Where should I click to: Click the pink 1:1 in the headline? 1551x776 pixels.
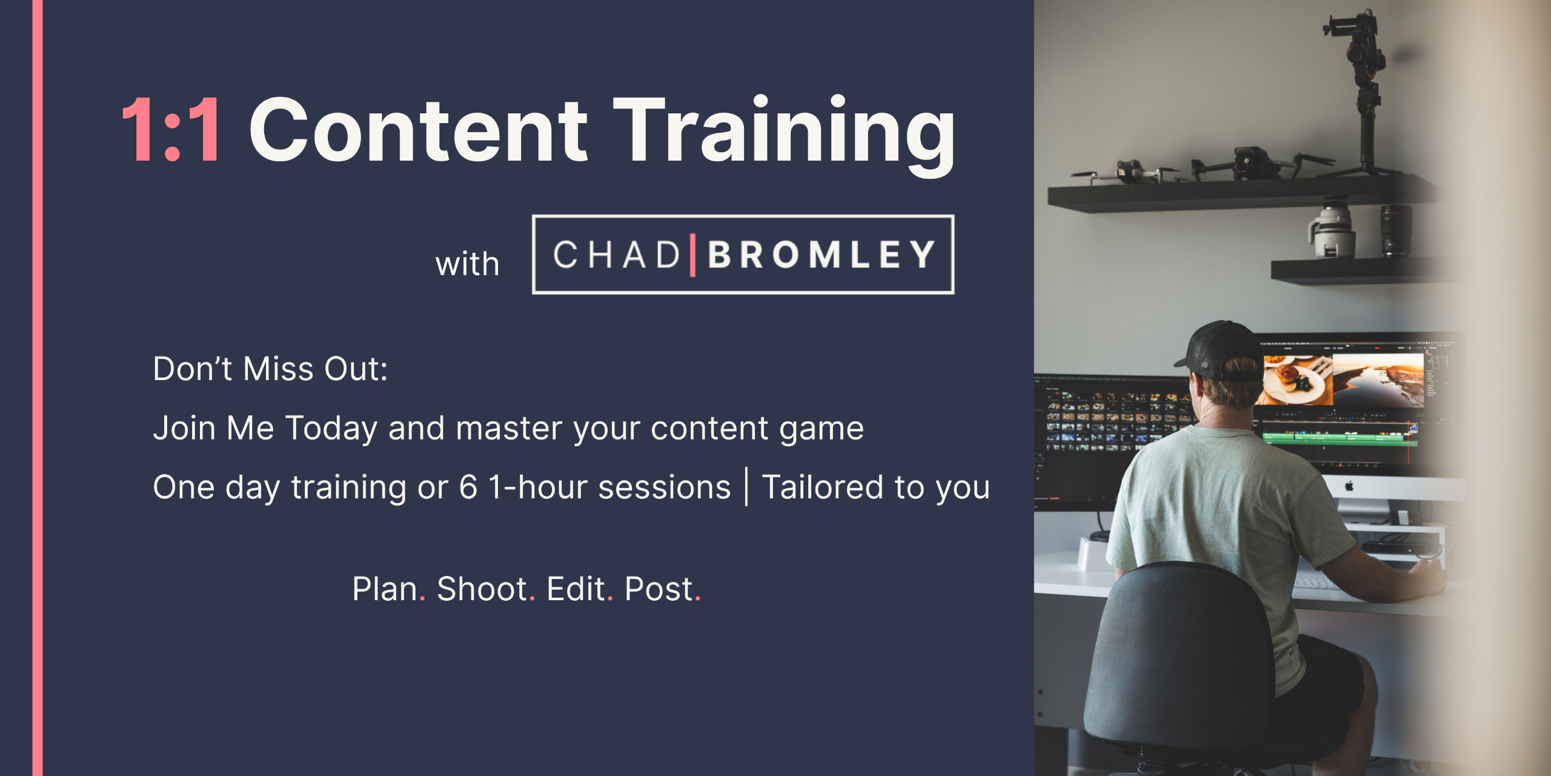pyautogui.click(x=171, y=130)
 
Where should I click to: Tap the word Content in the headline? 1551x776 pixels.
pyautogui.click(x=418, y=130)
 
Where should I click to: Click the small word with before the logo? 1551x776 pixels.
pyautogui.click(x=467, y=264)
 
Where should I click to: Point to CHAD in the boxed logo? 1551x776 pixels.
pyautogui.click(x=617, y=255)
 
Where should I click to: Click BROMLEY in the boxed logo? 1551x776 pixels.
pyautogui.click(x=821, y=255)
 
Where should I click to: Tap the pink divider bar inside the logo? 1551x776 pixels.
pyautogui.click(x=692, y=255)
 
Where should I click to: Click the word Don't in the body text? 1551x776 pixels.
pyautogui.click(x=192, y=369)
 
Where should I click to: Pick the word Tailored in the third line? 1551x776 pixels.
pyautogui.click(x=823, y=487)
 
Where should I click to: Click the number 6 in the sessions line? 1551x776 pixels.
pyautogui.click(x=468, y=487)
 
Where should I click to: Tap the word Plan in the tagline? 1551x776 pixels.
pyautogui.click(x=385, y=589)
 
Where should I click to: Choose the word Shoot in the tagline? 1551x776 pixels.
pyautogui.click(x=482, y=589)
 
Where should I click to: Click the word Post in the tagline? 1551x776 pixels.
pyautogui.click(x=659, y=589)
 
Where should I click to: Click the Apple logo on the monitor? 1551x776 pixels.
pyautogui.click(x=1349, y=486)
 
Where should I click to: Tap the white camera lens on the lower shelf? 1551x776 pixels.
pyautogui.click(x=1332, y=231)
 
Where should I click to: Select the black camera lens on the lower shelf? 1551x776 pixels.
pyautogui.click(x=1396, y=230)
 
